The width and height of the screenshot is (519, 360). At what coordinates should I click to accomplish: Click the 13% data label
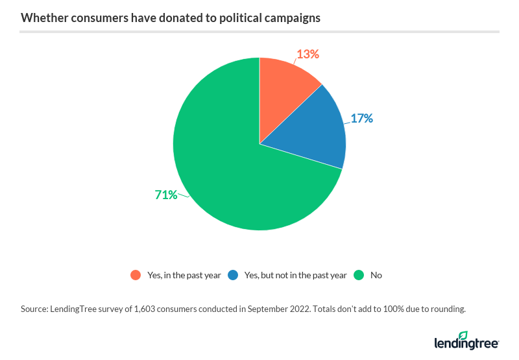click(308, 54)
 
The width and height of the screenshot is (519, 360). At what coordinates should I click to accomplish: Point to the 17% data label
click(362, 119)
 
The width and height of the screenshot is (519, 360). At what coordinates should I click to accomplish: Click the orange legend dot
click(135, 275)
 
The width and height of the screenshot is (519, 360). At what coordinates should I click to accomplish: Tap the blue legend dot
click(232, 275)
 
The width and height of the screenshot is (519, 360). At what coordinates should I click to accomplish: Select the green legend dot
click(358, 275)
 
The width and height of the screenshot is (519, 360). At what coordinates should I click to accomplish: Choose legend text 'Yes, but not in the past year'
click(296, 275)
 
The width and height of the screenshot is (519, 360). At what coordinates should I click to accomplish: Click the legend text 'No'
click(376, 275)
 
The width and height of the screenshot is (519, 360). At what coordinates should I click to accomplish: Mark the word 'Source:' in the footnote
click(36, 309)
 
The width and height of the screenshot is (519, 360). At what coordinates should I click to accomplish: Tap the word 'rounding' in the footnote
click(448, 309)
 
